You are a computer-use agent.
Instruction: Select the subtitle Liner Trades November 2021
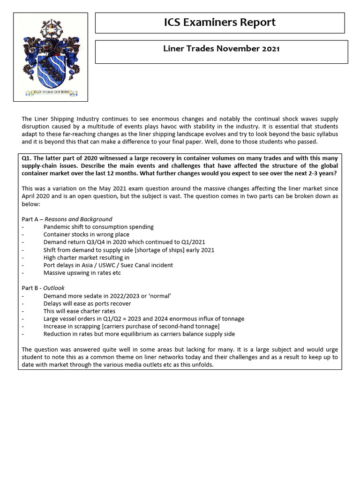221,49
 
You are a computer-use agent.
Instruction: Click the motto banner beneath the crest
50,92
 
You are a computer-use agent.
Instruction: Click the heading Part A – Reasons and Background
67,219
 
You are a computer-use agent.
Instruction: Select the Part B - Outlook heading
43,288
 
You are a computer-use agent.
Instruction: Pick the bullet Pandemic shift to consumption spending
98,227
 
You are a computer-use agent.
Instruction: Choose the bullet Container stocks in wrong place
86,234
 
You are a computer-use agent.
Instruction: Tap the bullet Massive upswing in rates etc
82,273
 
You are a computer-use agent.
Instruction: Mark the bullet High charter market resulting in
86,257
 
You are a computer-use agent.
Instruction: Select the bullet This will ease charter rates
79,311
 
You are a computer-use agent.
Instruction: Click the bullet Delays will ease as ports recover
87,303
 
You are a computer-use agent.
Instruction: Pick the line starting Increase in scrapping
131,326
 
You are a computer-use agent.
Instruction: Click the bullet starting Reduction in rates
139,334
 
